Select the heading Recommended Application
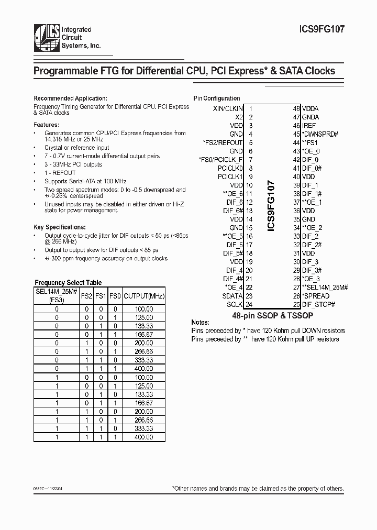pos(70,98)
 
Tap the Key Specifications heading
pos(59,227)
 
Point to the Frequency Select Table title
pos(68,282)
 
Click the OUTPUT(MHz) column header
pos(144,296)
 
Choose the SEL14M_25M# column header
pos(57,292)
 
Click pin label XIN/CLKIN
pos(228,109)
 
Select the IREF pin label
pos(309,126)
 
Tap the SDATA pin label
pos(232,295)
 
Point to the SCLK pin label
pos(235,304)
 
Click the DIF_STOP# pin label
pos(318,304)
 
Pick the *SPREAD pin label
pos(316,296)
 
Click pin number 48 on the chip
pos(296,109)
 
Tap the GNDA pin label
pos(310,117)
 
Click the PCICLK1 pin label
pos(230,177)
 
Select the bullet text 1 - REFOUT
pos(61,173)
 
